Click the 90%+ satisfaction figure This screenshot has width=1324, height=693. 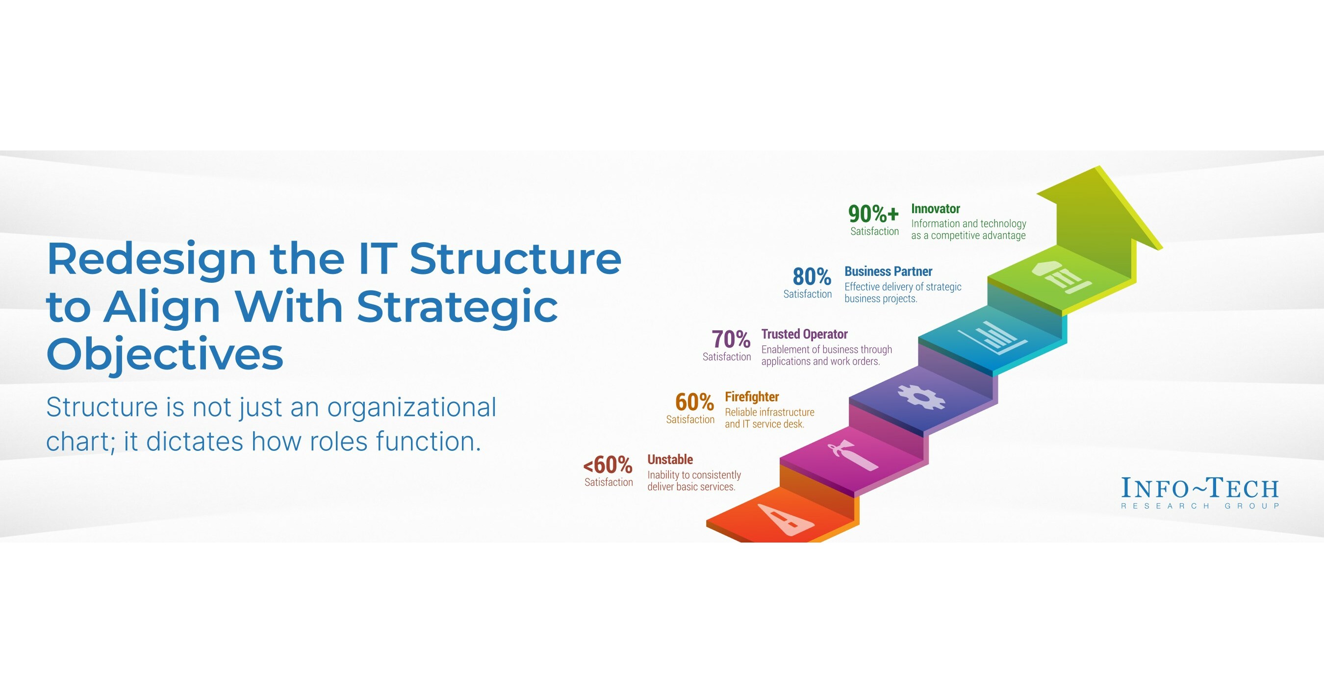tap(873, 214)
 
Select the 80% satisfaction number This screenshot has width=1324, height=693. tap(812, 276)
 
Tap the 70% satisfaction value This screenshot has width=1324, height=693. tap(731, 339)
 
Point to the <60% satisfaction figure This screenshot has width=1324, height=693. tap(608, 465)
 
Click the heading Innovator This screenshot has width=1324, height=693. tap(936, 209)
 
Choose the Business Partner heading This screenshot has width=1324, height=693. tap(888, 271)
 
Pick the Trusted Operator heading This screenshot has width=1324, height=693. tap(804, 334)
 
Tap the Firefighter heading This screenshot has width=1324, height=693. tap(751, 396)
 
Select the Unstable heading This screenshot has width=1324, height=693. tap(670, 459)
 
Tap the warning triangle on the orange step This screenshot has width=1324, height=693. tap(785, 520)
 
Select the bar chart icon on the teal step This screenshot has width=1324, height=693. tap(992, 338)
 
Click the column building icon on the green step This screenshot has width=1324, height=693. tap(1061, 276)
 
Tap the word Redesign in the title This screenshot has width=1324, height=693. tap(152, 259)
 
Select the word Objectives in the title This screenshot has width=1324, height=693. tap(164, 354)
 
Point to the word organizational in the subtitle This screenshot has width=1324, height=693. tap(411, 407)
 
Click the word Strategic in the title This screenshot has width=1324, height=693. tap(457, 307)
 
